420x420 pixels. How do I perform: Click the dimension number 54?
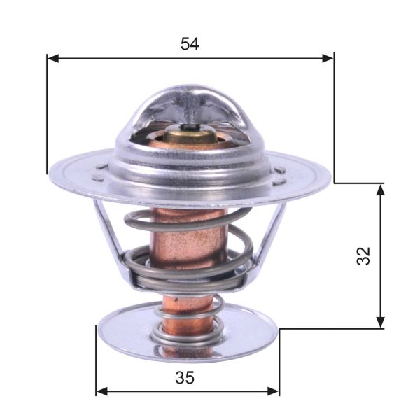pyautogui.click(x=190, y=43)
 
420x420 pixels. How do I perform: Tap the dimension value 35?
pyautogui.click(x=185, y=377)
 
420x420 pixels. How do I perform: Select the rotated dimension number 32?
pyautogui.click(x=363, y=255)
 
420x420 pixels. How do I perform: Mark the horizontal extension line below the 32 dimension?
pyautogui.click(x=329, y=328)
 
